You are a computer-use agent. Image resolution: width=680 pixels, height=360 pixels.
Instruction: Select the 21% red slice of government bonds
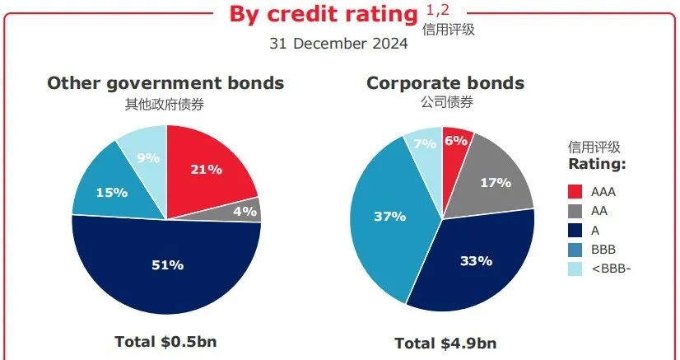[x=206, y=169]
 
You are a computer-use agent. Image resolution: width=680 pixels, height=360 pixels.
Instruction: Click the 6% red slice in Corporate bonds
[x=455, y=142]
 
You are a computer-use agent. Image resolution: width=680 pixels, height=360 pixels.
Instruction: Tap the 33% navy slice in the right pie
[x=476, y=261]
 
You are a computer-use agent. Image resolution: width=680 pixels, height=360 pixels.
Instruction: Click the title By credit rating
[x=323, y=14]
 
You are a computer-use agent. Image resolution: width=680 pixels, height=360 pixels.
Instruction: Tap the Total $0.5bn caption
[x=165, y=340]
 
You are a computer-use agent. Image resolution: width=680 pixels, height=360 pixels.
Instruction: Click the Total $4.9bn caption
[x=445, y=343]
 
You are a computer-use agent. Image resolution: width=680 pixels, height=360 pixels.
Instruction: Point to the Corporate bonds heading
[x=445, y=83]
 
